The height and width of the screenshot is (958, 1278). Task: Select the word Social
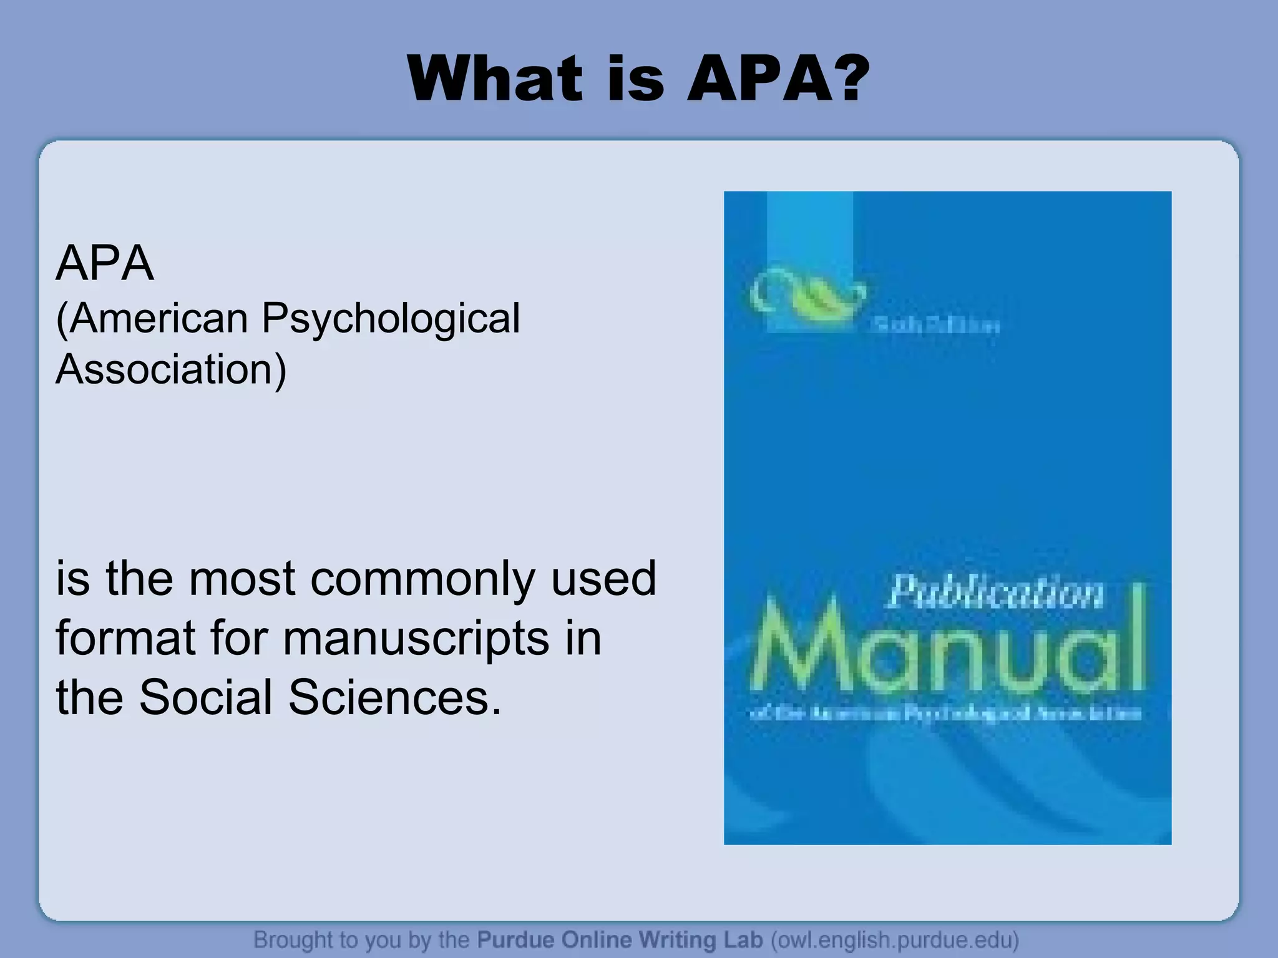pos(205,697)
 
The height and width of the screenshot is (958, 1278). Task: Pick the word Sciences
pos(394,697)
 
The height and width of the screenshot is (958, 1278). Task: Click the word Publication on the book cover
pos(995,593)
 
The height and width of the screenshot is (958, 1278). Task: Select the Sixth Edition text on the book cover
pos(934,326)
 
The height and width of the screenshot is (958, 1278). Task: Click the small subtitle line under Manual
pos(945,714)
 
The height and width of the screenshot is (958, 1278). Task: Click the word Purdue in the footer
pos(515,939)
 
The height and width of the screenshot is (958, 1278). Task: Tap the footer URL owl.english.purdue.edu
pos(894,939)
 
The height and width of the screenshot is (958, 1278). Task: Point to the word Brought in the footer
pos(293,939)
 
